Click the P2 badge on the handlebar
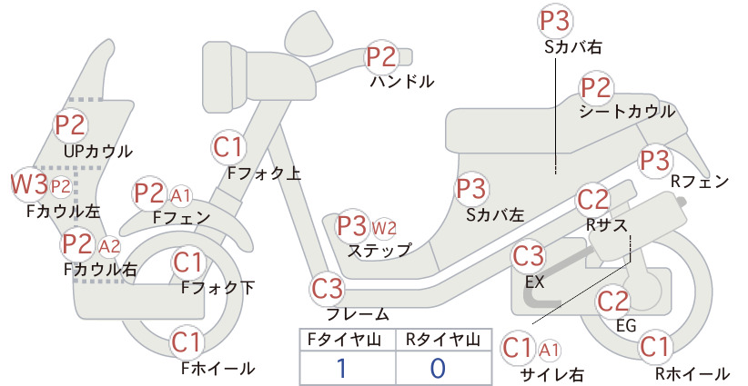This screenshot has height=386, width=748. [x=381, y=56]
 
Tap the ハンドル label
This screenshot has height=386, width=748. [x=402, y=82]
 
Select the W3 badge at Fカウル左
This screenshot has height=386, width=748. [x=29, y=184]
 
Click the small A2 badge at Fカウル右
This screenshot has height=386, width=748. [x=109, y=246]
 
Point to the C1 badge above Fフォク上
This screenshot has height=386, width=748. [x=228, y=147]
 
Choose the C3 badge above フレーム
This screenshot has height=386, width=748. [x=328, y=289]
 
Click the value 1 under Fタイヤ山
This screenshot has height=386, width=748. [x=341, y=369]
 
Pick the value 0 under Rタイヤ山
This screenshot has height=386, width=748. [x=438, y=369]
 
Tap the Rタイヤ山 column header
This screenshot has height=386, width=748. [x=443, y=340]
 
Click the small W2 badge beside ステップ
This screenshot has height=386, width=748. [x=384, y=229]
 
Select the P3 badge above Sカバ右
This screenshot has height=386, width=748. [x=555, y=22]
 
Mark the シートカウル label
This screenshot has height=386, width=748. [x=627, y=112]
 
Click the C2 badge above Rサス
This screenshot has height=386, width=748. [x=593, y=200]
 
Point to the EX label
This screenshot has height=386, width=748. [x=534, y=282]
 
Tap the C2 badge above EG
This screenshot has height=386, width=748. [x=613, y=302]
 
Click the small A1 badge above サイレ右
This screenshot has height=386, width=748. [x=549, y=351]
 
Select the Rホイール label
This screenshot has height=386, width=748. [x=692, y=373]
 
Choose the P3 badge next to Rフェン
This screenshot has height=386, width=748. [x=655, y=161]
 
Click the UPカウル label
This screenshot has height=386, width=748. [x=97, y=152]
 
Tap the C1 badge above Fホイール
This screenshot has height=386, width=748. [x=186, y=342]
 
